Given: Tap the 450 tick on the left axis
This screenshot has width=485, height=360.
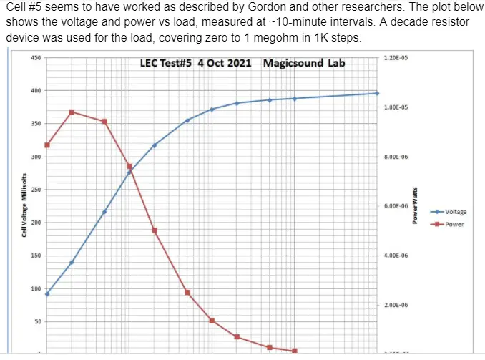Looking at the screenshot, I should coord(35,58).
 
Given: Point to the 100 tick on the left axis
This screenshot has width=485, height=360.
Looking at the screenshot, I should coord(35,288).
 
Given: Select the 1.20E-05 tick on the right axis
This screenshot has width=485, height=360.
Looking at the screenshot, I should coord(395,57).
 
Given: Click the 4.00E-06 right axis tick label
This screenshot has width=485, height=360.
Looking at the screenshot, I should coord(396,256).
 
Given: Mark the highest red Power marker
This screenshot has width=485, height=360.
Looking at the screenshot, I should coord(72,112).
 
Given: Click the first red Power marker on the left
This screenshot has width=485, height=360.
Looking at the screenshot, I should coord(47,145).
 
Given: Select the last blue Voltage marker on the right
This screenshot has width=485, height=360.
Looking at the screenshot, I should coord(377,93).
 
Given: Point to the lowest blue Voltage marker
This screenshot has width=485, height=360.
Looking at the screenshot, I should coord(47,294).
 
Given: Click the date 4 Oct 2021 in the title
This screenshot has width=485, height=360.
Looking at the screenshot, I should coord(223,63).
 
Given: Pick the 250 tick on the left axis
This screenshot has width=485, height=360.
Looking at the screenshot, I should coord(35,190).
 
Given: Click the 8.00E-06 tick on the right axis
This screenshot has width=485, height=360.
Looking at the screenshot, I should coord(396,157).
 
